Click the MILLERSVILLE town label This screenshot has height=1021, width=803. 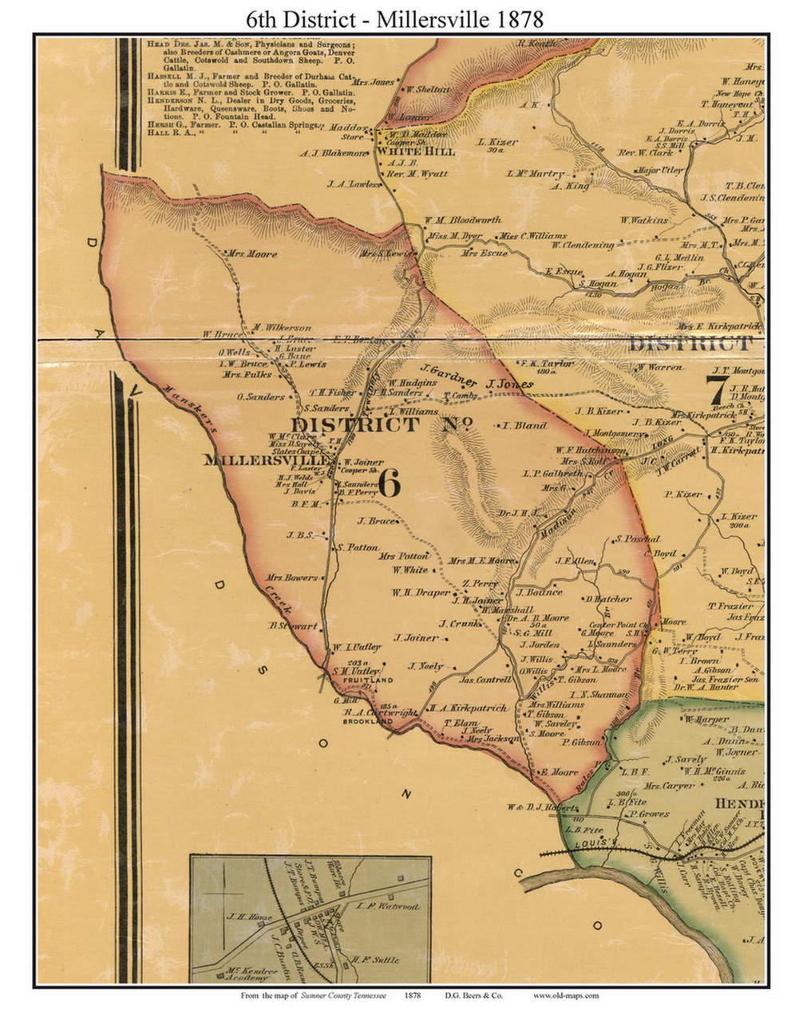(x=267, y=460)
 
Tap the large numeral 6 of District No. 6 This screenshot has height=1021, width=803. (x=388, y=483)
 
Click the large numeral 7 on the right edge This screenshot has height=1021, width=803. (x=717, y=391)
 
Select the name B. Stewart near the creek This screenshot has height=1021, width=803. (x=294, y=625)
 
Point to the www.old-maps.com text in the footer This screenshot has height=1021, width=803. (x=566, y=996)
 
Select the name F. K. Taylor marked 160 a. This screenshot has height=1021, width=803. (x=548, y=363)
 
